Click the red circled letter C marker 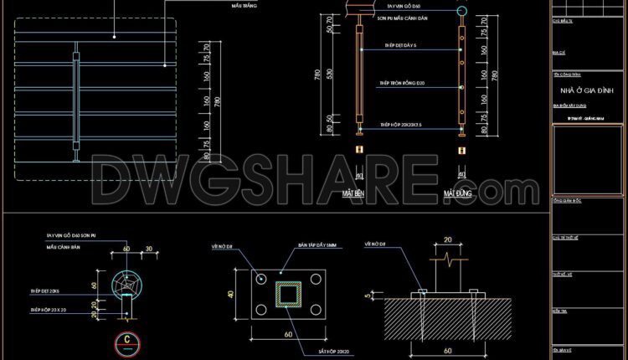(126, 340)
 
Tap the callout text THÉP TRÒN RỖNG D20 (402, 83)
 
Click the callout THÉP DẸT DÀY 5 (401, 45)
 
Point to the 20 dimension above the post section (447, 239)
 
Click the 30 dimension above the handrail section (147, 249)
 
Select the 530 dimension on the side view (329, 75)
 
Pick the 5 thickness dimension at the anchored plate (368, 294)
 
